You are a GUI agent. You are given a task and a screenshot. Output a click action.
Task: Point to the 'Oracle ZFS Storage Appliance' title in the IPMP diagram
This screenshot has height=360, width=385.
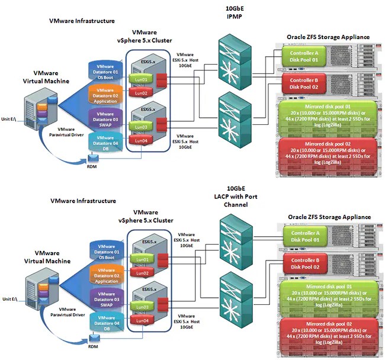point(328,37)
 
